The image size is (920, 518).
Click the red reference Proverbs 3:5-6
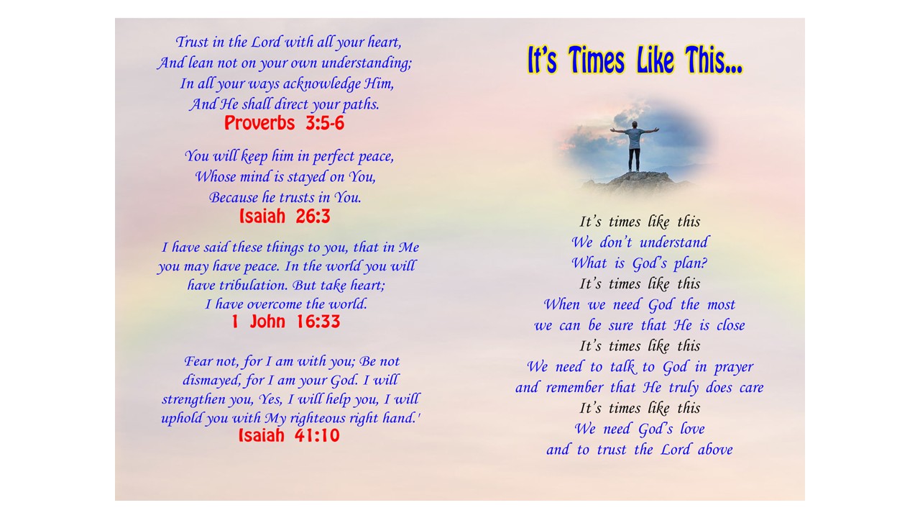click(x=284, y=123)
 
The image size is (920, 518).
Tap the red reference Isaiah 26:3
click(x=285, y=216)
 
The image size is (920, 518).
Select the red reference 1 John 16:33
click(x=286, y=321)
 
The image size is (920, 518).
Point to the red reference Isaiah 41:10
click(x=289, y=435)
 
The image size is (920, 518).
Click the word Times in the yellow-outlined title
click(x=597, y=60)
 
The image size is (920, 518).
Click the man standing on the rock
click(x=635, y=146)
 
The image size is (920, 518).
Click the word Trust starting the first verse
click(x=192, y=42)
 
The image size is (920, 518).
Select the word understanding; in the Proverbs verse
click(x=367, y=63)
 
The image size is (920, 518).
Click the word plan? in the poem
click(x=691, y=263)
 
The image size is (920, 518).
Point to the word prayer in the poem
click(x=734, y=367)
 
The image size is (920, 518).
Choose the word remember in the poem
click(x=574, y=388)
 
